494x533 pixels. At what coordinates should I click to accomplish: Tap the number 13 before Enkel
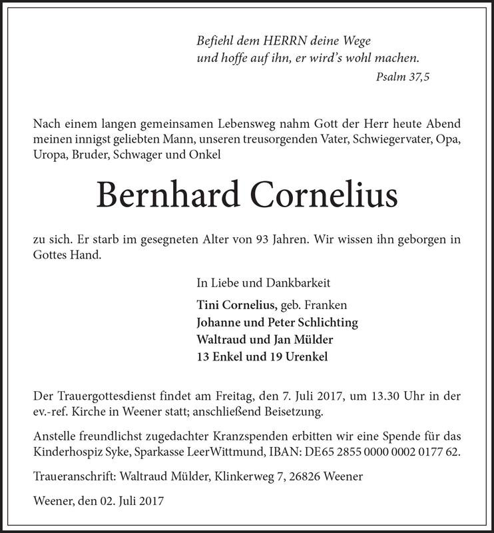pyautogui.click(x=204, y=356)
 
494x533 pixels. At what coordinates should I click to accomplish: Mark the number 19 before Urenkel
pyautogui.click(x=275, y=356)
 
